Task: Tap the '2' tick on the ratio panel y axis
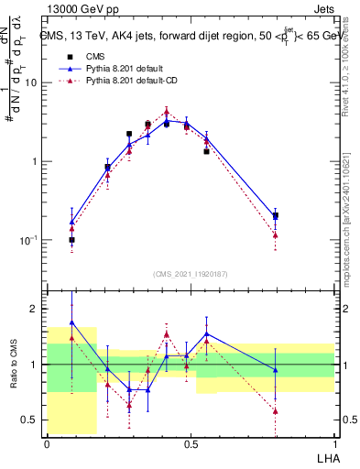tap(36, 310)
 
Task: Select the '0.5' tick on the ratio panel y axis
tap(32, 420)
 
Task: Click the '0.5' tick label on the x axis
tap(191, 444)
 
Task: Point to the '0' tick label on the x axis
tap(47, 444)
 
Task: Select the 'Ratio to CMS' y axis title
tap(14, 365)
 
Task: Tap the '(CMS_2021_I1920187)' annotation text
tap(191, 274)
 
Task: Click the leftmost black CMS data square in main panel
tap(71, 240)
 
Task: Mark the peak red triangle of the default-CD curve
tap(166, 113)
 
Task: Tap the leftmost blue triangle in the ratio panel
tap(71, 323)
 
